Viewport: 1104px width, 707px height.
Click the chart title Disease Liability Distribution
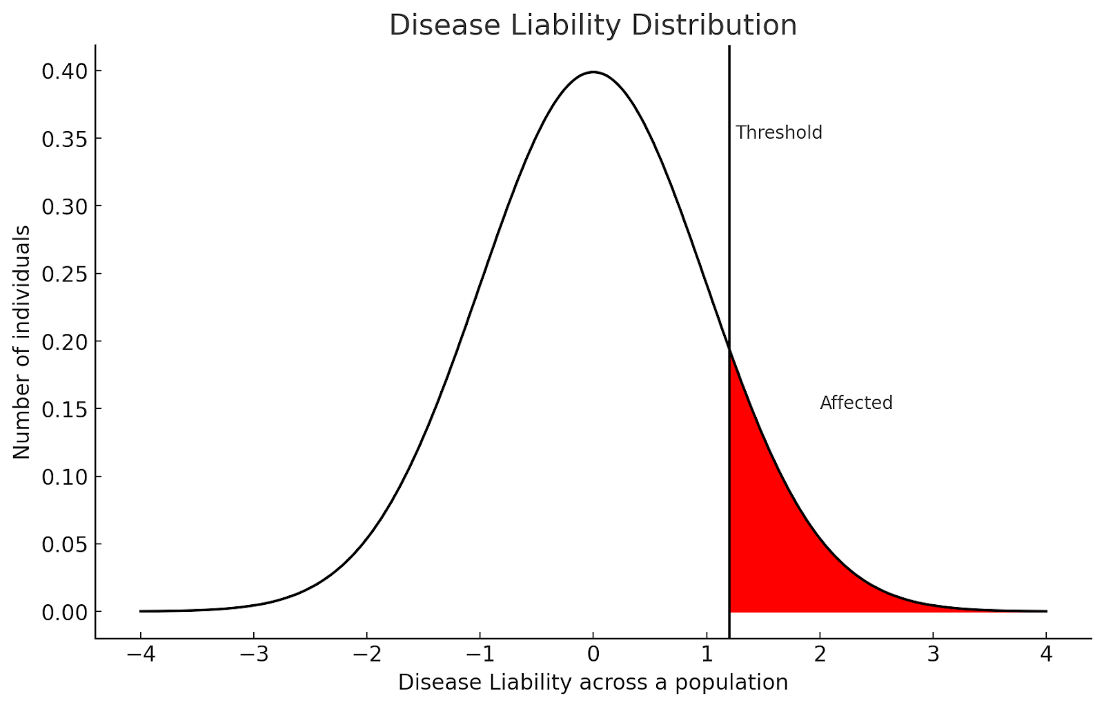coord(593,26)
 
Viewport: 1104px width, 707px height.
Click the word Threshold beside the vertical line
coord(778,132)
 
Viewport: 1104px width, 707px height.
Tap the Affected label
coord(856,403)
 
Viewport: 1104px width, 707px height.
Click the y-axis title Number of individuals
coord(22,341)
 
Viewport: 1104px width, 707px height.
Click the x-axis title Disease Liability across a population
coord(593,682)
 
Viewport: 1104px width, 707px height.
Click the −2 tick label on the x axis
coord(366,654)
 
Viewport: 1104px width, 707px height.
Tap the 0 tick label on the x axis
coord(593,654)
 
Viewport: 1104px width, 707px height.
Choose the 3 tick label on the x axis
coord(933,654)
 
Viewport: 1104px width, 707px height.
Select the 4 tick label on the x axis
coord(1046,654)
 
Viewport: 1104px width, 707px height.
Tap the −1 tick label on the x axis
coord(480,654)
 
